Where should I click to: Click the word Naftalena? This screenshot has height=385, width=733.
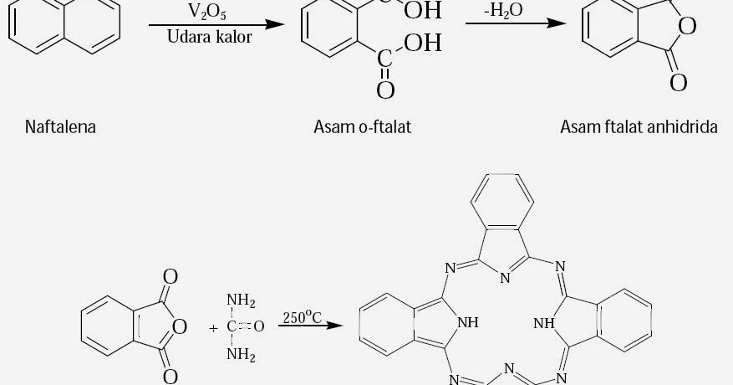pos(60,127)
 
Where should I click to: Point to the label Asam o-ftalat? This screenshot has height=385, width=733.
pos(363,127)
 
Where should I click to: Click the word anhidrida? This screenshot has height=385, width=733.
pos(683,127)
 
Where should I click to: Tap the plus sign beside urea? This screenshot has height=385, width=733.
pos(213,328)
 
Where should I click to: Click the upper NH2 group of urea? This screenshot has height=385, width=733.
pos(242,302)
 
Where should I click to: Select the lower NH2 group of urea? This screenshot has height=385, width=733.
pos(242,354)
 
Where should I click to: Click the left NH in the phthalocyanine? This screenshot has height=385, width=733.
pos(468,321)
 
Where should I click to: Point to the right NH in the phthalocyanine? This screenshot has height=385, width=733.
pos(544,321)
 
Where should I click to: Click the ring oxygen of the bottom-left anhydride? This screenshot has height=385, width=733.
pos(180,326)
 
